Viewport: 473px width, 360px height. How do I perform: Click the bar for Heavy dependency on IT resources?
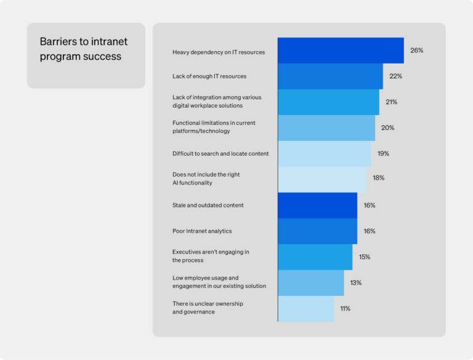coord(341,50)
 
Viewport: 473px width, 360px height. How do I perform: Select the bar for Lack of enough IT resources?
coord(330,76)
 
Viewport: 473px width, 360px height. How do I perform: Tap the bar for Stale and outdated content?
coord(317,205)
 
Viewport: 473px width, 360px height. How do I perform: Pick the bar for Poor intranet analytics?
coord(317,231)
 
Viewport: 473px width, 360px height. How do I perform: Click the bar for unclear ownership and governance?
coord(305,308)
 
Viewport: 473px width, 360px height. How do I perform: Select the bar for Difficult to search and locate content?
coord(325,153)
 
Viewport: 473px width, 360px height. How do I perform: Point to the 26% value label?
coord(416,50)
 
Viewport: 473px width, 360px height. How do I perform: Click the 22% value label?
coord(395,76)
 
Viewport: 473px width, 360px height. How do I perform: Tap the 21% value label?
coord(391,102)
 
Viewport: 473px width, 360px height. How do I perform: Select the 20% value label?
coord(387,128)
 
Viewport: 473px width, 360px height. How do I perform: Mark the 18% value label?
coord(378,178)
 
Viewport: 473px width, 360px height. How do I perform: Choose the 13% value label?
coord(355,282)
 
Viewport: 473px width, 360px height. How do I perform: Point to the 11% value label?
coord(345,308)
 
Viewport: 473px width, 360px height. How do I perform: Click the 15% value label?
coord(364,257)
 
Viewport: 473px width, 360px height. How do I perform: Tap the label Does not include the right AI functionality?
coord(206,178)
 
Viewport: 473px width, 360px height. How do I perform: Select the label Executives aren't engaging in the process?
coord(211,256)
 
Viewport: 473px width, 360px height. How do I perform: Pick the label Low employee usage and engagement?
coord(219,282)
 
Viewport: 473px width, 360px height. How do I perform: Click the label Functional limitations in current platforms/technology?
coord(214,127)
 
